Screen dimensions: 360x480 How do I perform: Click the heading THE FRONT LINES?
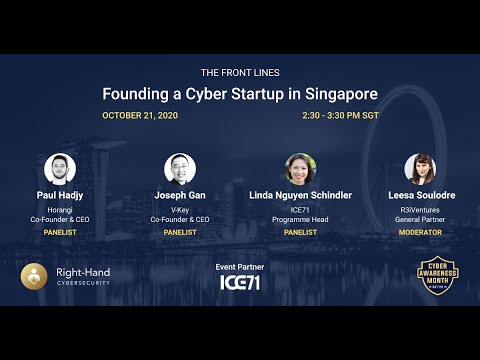pyautogui.click(x=240, y=73)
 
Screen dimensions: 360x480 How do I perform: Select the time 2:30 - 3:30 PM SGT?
pyautogui.click(x=340, y=115)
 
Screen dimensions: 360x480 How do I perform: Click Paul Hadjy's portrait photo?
pyautogui.click(x=60, y=168)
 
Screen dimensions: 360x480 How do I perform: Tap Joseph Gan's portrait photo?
pyautogui.click(x=180, y=168)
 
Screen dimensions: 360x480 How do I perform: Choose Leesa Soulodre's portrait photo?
pyautogui.click(x=420, y=168)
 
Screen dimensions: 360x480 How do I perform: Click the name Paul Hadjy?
pyautogui.click(x=60, y=196)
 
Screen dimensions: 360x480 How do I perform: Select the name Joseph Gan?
pyautogui.click(x=180, y=196)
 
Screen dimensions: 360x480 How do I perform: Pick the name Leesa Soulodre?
pyautogui.click(x=420, y=196)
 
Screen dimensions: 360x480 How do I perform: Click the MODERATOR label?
pyautogui.click(x=420, y=232)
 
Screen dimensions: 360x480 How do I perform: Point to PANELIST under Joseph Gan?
pyautogui.click(x=180, y=232)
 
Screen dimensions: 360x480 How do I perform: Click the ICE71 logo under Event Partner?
pyautogui.click(x=240, y=283)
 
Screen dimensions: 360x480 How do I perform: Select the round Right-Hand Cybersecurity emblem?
pyautogui.click(x=36, y=277)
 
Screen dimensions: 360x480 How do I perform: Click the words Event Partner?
pyautogui.click(x=240, y=267)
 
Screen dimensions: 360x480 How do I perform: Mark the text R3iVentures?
pyautogui.click(x=420, y=210)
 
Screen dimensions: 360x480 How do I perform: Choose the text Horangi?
pyautogui.click(x=60, y=210)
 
